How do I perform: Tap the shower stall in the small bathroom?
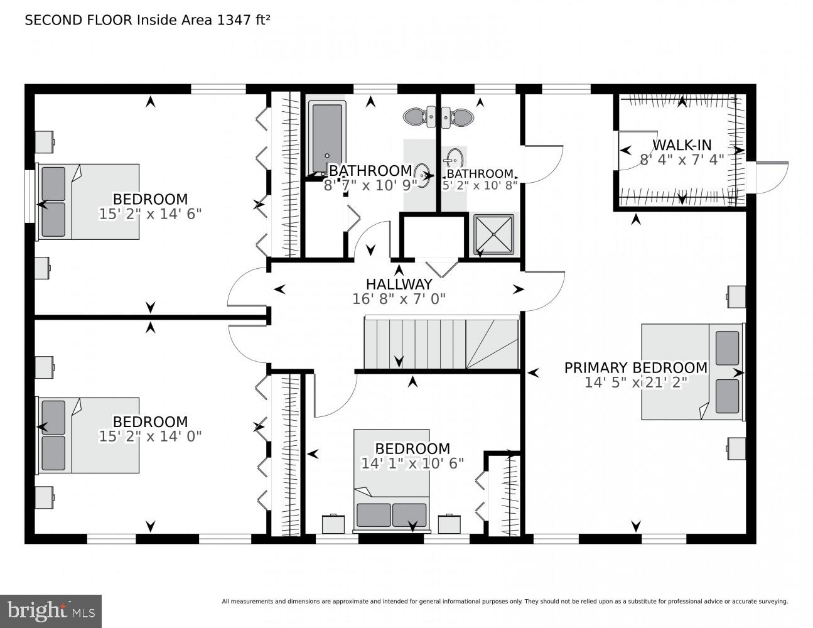point(493,234)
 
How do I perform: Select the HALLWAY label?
point(399,284)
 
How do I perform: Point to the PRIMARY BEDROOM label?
point(635,368)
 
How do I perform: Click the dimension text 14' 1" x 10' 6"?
point(412,463)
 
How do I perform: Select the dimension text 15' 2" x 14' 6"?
point(150,214)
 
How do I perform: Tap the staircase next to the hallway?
point(441,344)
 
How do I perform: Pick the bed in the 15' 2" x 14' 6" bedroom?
point(89,202)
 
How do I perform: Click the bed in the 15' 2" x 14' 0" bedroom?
point(89,435)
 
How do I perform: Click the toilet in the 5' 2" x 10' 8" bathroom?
point(459,116)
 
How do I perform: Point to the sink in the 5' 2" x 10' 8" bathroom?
point(454,157)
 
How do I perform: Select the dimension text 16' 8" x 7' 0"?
point(399,299)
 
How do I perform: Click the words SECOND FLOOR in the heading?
point(78,20)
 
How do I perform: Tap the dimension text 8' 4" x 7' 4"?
point(682,160)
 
